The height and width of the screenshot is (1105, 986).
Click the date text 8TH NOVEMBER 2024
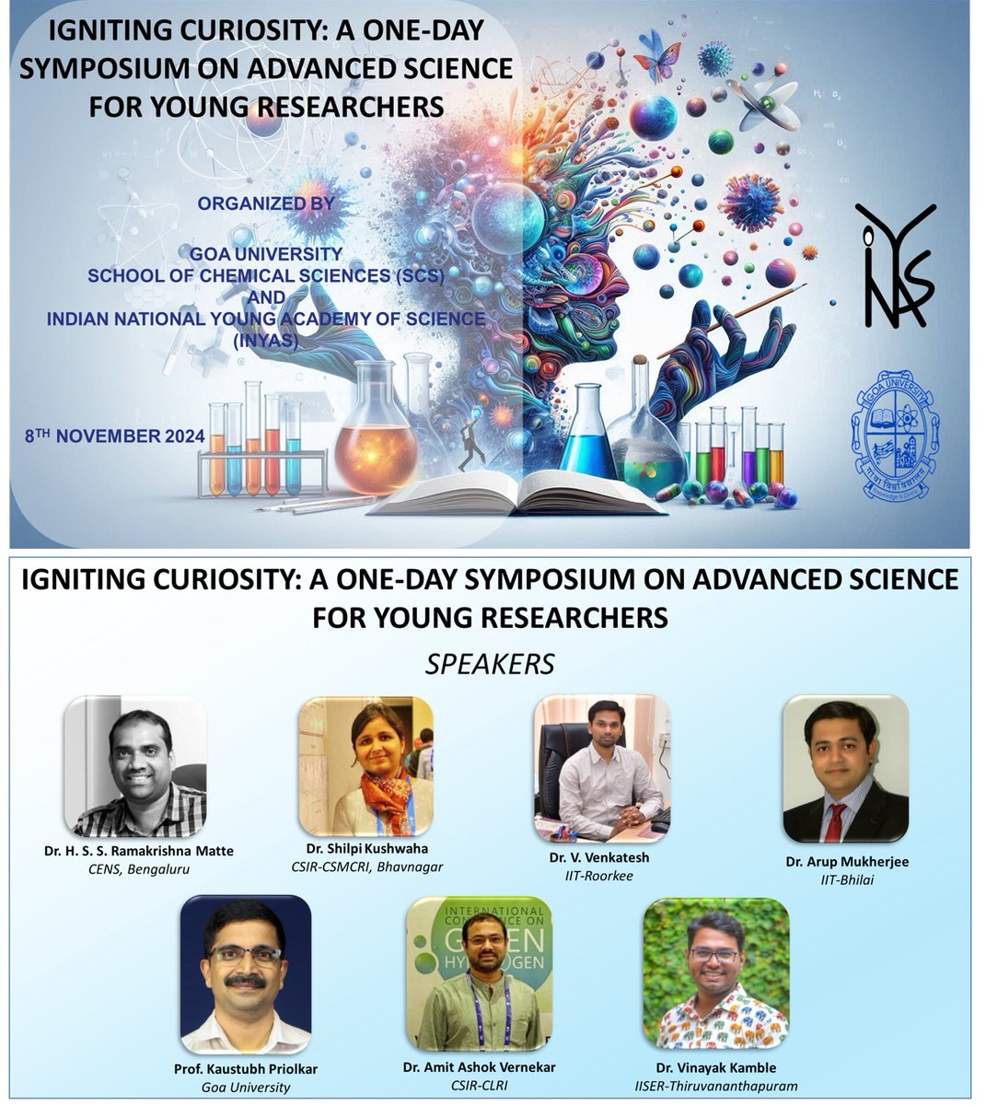pos(115,436)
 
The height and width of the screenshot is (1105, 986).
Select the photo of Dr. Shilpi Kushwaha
pos(365,766)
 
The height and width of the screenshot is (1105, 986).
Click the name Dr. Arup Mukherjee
pos(847,862)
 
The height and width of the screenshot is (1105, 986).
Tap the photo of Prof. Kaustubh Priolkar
pos(246,974)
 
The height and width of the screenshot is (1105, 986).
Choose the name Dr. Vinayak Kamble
pos(716,1068)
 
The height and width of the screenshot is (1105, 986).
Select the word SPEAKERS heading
pos(491,663)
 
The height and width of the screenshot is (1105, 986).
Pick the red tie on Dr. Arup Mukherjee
pos(834,821)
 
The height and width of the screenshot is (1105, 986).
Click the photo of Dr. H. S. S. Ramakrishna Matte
pos(135,767)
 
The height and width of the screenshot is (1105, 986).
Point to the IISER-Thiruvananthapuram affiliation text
pos(716,1086)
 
